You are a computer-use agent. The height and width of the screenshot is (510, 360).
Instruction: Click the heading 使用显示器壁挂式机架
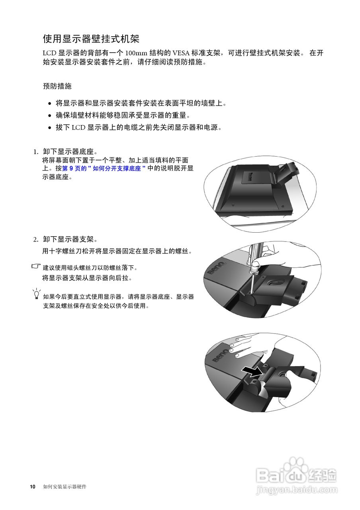(x=91, y=39)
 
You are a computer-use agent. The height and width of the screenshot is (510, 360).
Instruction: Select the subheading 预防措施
(x=57, y=86)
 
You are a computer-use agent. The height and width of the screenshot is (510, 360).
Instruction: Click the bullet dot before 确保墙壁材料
(x=49, y=116)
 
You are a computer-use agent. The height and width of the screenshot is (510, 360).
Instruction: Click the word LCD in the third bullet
(x=78, y=128)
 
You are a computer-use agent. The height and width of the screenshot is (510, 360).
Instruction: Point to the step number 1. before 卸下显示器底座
(x=36, y=152)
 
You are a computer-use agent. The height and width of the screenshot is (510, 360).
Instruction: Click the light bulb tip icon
(x=37, y=294)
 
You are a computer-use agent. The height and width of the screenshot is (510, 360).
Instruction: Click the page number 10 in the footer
(x=33, y=487)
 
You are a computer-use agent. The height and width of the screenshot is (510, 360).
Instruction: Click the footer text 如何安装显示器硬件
(x=65, y=487)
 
